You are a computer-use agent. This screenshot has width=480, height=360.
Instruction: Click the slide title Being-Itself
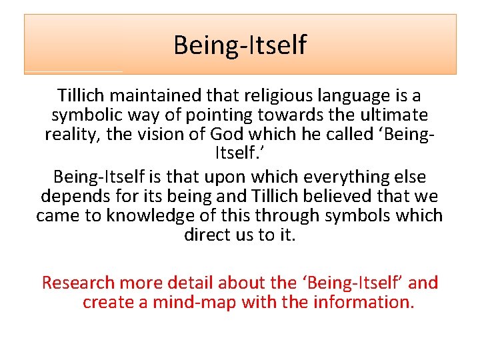click(x=240, y=45)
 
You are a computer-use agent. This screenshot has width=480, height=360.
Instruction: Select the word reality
click(x=73, y=134)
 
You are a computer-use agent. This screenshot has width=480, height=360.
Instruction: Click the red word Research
click(x=78, y=283)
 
